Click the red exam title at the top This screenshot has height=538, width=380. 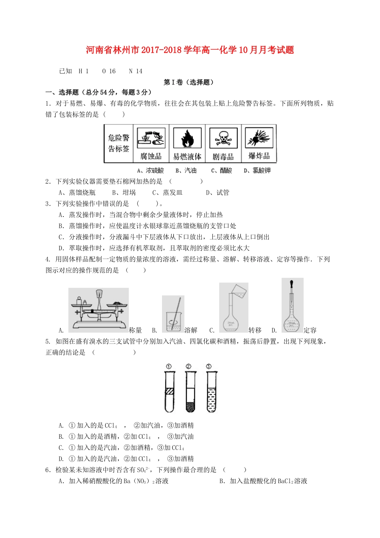coord(190,50)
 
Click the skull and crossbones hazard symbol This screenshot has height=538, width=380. coord(223,138)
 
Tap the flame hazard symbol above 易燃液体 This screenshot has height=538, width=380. coord(187,138)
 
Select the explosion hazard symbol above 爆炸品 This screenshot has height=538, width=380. coord(259,138)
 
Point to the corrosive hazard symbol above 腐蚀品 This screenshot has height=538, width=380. coord(151,138)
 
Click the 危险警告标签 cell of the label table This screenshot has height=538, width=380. coord(118,143)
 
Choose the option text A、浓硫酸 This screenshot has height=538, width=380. coord(150,171)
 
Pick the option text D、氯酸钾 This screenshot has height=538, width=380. coord(257,171)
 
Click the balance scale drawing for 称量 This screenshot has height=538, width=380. coord(98,310)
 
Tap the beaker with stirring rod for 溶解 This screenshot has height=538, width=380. coord(173,315)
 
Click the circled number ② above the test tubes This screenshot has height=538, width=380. coord(188,366)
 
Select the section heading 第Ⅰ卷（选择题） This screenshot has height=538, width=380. coord(190,82)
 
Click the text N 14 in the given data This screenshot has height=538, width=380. coord(136,71)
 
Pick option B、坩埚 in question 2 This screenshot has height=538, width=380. coord(124,193)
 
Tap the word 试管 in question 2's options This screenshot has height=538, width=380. coord(223,193)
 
